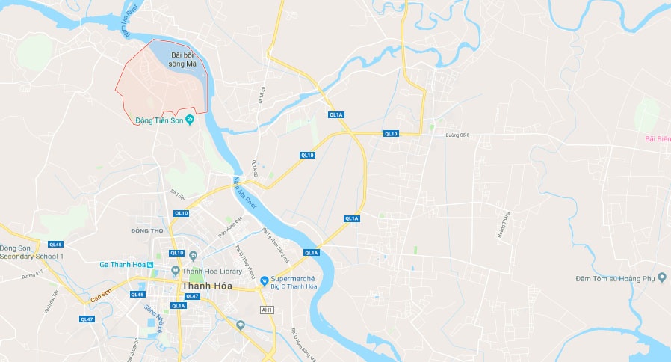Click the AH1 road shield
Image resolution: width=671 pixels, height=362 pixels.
click(x=266, y=309)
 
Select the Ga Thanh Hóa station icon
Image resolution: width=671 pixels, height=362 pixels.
click(x=150, y=264)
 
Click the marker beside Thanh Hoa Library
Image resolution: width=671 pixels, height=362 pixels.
click(x=175, y=271)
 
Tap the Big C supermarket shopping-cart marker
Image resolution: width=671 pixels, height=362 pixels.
click(x=264, y=281)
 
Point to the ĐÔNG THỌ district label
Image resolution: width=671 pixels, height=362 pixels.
click(x=146, y=230)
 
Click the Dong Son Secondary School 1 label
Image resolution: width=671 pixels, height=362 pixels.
click(x=31, y=252)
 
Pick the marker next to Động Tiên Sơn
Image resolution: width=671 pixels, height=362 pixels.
click(x=190, y=120)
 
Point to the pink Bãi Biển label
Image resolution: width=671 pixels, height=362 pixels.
click(x=658, y=138)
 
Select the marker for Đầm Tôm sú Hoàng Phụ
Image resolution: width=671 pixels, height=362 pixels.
click(x=661, y=278)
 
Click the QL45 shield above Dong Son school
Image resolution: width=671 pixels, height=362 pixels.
click(x=56, y=244)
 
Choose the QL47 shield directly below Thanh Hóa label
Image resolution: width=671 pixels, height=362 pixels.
click(x=192, y=297)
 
